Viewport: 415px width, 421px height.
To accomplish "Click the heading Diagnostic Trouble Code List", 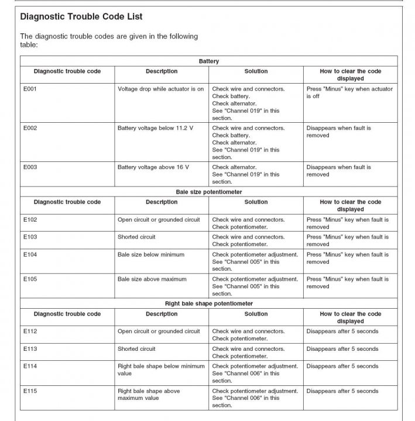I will pos(81,18).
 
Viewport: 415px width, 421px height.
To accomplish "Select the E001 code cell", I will pos(30,89).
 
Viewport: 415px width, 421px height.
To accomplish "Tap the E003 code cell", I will pos(30,167).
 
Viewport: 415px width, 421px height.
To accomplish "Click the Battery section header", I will pos(208,61).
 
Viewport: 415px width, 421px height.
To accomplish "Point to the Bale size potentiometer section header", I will pos(208,192).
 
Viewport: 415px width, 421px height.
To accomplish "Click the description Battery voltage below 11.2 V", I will pos(155,128).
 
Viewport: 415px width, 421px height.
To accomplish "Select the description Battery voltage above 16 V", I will pos(153,167).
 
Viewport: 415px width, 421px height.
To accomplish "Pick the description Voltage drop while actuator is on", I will pos(160,89).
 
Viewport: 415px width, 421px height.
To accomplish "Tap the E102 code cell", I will pos(30,220).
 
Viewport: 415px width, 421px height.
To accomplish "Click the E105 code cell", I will pos(30,279).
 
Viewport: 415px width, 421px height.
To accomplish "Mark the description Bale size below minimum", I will pos(151,255).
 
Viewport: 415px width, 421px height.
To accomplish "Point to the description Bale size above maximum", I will pos(152,279).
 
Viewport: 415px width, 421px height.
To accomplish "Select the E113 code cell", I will pos(30,349).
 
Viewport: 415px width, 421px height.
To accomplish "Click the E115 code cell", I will pos(30,391).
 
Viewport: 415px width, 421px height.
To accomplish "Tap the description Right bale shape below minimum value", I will pos(161,370).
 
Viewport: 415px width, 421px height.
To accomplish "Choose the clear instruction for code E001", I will pos(349,92).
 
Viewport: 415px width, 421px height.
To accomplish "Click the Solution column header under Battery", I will pos(256,71).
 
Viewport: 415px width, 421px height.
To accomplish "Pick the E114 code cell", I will pos(30,367).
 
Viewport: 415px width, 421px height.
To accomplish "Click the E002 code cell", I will pos(30,128).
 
